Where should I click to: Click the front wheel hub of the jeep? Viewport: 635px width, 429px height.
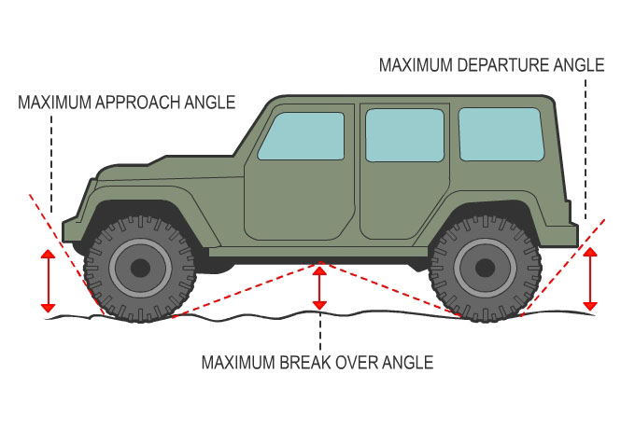pyautogui.click(x=140, y=269)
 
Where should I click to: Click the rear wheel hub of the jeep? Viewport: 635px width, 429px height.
pyautogui.click(x=485, y=269)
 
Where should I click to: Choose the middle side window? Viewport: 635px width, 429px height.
pyautogui.click(x=403, y=135)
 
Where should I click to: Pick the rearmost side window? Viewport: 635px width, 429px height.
pyautogui.click(x=501, y=133)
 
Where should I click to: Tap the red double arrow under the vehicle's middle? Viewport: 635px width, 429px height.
pyautogui.click(x=320, y=288)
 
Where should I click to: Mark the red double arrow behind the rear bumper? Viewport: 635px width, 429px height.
pyautogui.click(x=589, y=279)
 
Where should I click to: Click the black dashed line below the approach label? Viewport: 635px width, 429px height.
pyautogui.click(x=52, y=168)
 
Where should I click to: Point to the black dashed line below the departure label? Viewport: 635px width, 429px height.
pyautogui.click(x=586, y=149)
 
